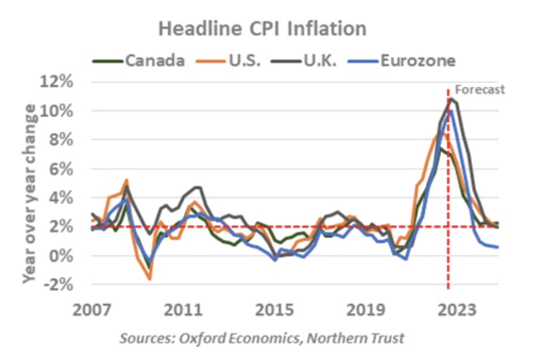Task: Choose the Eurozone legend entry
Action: coord(412,60)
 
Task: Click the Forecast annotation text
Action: coord(479,89)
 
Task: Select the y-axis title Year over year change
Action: coord(31,183)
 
